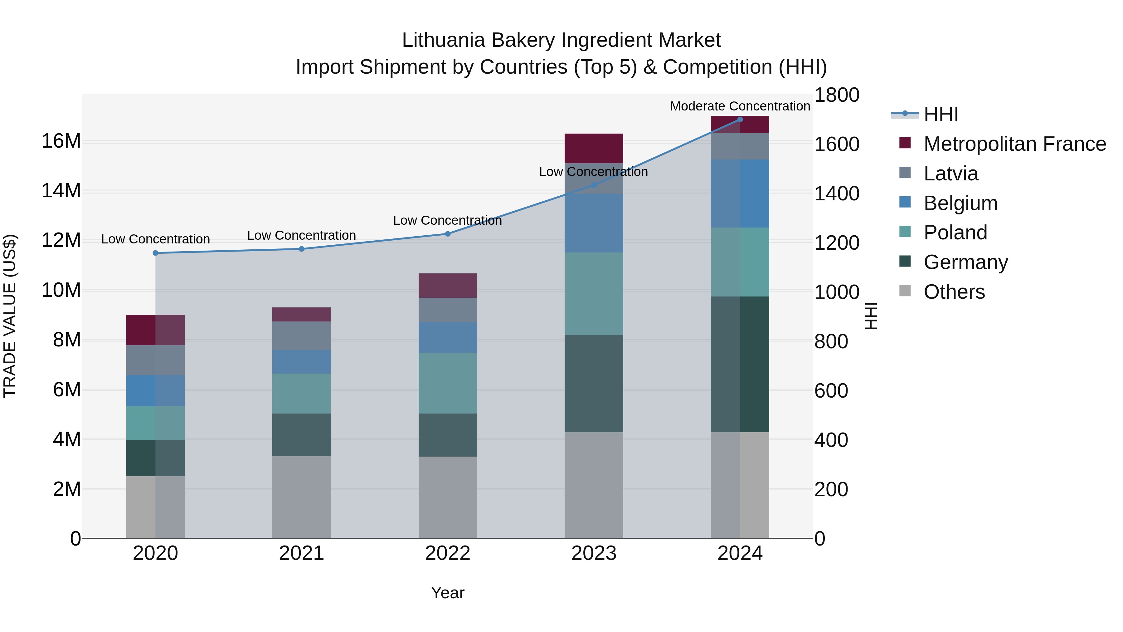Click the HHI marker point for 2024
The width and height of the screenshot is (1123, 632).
point(740,119)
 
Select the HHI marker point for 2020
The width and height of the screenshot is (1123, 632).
point(155,253)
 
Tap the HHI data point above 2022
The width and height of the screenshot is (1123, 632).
point(447,234)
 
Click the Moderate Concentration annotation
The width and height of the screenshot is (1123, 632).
point(740,106)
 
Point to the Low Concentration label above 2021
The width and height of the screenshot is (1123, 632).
point(301,236)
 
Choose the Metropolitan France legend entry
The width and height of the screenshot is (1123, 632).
point(1014,144)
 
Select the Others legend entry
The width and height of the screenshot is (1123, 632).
point(954,292)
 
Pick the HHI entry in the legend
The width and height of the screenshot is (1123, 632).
point(941,114)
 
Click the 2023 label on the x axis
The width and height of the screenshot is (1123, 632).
point(593,553)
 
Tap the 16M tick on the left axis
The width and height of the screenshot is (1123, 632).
point(61,141)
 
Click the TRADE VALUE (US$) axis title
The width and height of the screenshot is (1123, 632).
point(10,316)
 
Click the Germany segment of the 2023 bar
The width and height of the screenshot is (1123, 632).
point(593,384)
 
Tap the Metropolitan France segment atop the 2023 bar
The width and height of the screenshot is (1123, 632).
point(593,148)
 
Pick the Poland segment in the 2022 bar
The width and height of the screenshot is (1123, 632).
point(447,383)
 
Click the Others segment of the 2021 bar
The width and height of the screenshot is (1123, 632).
point(301,497)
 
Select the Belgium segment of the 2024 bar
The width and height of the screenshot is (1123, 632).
point(740,194)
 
